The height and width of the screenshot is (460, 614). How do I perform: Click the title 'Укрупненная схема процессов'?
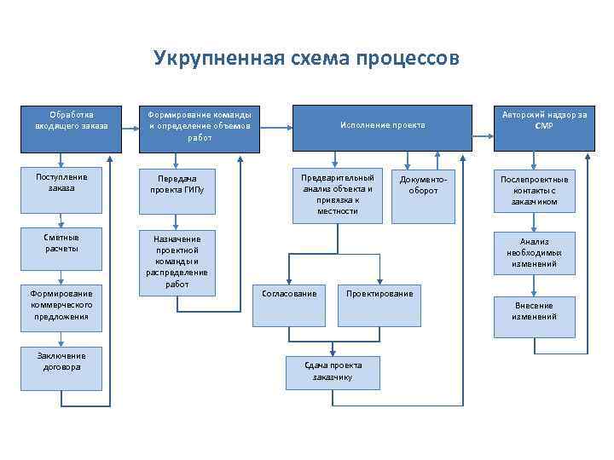306,58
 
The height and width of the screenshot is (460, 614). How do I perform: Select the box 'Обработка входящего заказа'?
72,120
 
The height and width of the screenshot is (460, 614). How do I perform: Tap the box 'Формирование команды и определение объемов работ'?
200,125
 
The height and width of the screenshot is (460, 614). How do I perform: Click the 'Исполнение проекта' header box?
382,125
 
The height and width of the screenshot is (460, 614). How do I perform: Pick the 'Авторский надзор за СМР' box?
544,120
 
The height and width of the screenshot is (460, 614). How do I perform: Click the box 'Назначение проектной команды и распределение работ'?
177,262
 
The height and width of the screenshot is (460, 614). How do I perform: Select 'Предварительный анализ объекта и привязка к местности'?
337,194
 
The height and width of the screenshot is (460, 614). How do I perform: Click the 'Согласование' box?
289,302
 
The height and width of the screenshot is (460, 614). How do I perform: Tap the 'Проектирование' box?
379,302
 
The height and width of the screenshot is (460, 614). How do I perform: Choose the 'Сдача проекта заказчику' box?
333,371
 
